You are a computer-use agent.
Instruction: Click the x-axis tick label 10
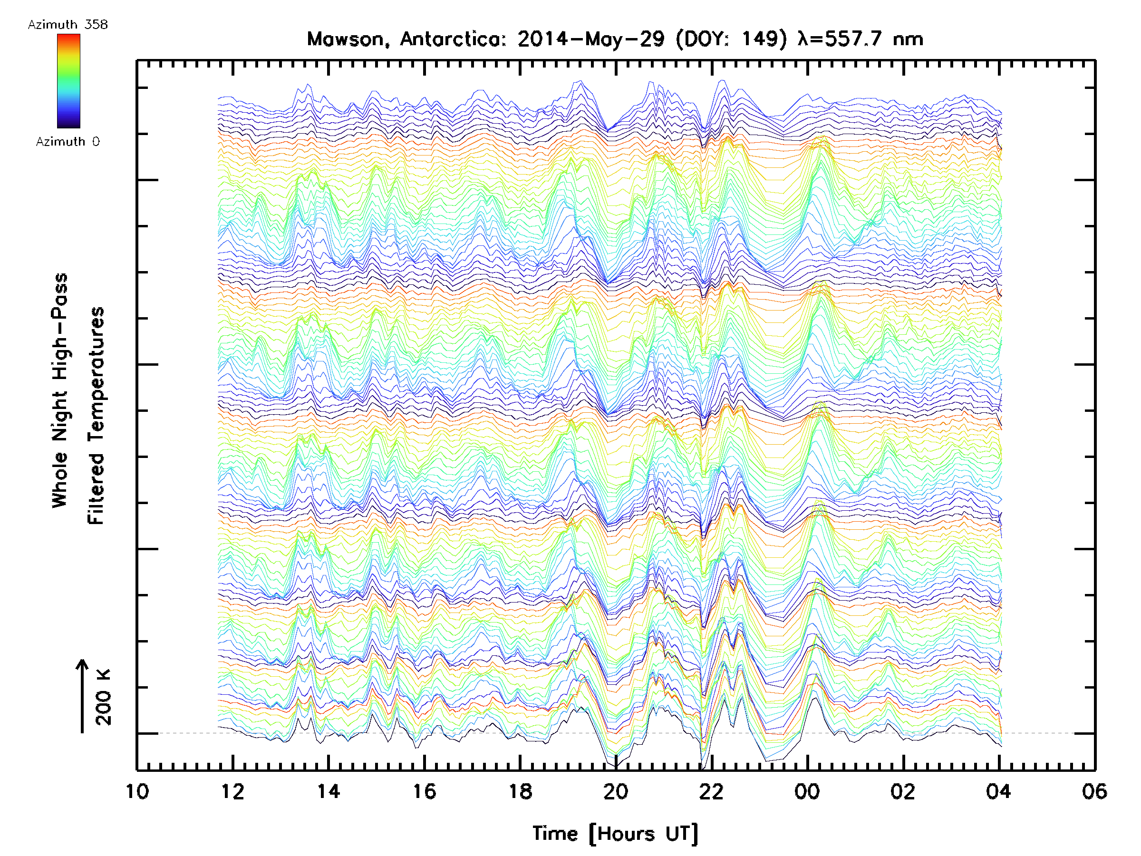(x=137, y=792)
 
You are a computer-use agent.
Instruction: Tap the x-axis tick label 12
(x=232, y=792)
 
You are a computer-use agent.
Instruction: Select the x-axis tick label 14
(x=329, y=792)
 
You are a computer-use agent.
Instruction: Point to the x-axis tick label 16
(x=425, y=792)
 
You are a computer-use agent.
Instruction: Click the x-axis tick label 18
(x=520, y=792)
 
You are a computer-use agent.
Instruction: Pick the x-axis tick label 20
(x=616, y=792)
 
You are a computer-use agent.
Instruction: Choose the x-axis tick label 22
(x=712, y=792)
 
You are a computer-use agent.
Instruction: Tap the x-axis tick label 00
(x=807, y=792)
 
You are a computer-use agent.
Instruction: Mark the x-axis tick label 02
(x=903, y=792)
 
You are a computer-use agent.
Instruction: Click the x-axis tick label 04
(x=999, y=792)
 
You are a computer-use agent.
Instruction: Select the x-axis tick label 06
(x=1094, y=792)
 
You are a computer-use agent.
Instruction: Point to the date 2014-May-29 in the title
(x=591, y=39)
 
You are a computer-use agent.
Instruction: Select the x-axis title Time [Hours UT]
(x=615, y=834)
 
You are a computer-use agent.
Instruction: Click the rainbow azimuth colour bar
(x=68, y=81)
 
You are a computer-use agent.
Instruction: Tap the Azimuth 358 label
(x=68, y=25)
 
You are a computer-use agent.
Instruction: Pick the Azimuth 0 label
(x=68, y=142)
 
